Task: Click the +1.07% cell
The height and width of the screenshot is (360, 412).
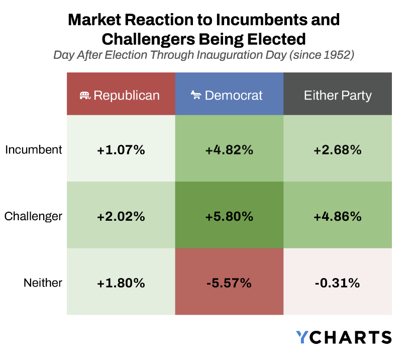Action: pyautogui.click(x=121, y=149)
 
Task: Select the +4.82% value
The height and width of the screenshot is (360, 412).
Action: pyautogui.click(x=229, y=149)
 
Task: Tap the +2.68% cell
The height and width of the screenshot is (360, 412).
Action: pyautogui.click(x=338, y=149)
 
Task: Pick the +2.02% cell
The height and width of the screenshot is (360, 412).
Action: pyautogui.click(x=121, y=216)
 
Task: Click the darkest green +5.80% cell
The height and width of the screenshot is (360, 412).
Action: pyautogui.click(x=229, y=216)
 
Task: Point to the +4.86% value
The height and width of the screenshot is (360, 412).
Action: pyautogui.click(x=338, y=216)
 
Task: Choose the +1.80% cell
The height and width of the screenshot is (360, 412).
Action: pyautogui.click(x=121, y=283)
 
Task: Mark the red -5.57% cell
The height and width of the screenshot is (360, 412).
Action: pyautogui.click(x=229, y=283)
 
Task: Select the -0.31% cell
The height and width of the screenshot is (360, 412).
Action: pyautogui.click(x=338, y=283)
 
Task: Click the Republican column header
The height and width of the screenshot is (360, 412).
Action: pyautogui.click(x=121, y=95)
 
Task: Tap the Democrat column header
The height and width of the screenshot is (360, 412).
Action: pyautogui.click(x=229, y=95)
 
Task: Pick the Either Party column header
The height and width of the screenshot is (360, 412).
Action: pyautogui.click(x=338, y=95)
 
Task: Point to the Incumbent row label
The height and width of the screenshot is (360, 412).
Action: pyautogui.click(x=34, y=149)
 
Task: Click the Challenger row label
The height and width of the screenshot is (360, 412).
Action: pyautogui.click(x=34, y=216)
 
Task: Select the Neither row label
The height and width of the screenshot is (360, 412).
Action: pyautogui.click(x=43, y=283)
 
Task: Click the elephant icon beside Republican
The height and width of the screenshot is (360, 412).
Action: pyautogui.click(x=85, y=95)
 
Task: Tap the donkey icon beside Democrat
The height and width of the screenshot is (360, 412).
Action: pyautogui.click(x=196, y=95)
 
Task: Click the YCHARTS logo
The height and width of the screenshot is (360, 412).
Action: pyautogui.click(x=344, y=337)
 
